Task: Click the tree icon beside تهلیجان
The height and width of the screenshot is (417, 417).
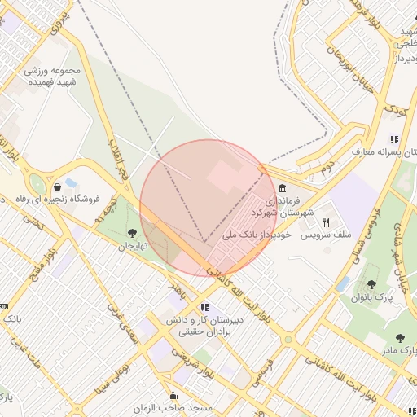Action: [133, 235]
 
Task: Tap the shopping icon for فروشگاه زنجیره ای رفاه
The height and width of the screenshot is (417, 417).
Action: [57, 187]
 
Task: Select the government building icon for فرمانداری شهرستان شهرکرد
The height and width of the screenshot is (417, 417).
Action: [283, 188]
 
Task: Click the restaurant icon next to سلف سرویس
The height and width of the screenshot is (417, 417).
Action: [327, 222]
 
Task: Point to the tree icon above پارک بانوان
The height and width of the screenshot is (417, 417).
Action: [372, 284]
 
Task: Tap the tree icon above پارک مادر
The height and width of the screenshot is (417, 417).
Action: [399, 337]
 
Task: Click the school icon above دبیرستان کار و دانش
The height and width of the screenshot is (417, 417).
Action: [204, 308]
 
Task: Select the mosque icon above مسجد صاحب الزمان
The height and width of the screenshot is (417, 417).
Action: [172, 395]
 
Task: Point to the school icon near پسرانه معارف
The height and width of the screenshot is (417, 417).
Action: [395, 139]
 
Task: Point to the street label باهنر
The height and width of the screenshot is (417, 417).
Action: [178, 288]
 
